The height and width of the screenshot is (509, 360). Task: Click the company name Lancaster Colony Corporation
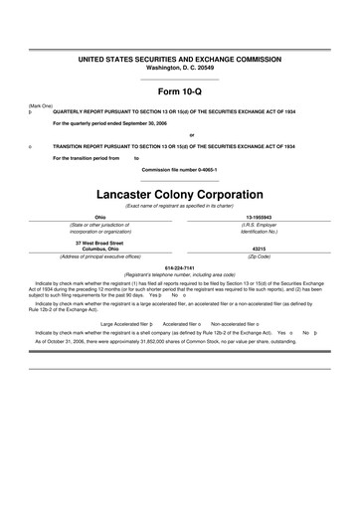(180, 194)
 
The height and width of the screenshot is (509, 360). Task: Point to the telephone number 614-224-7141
(180, 265)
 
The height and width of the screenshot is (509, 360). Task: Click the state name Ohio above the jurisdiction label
(99, 217)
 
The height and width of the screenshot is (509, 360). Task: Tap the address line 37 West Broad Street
(99, 242)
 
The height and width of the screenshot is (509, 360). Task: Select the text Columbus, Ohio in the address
(99, 248)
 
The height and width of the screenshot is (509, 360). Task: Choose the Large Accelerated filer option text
(125, 323)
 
